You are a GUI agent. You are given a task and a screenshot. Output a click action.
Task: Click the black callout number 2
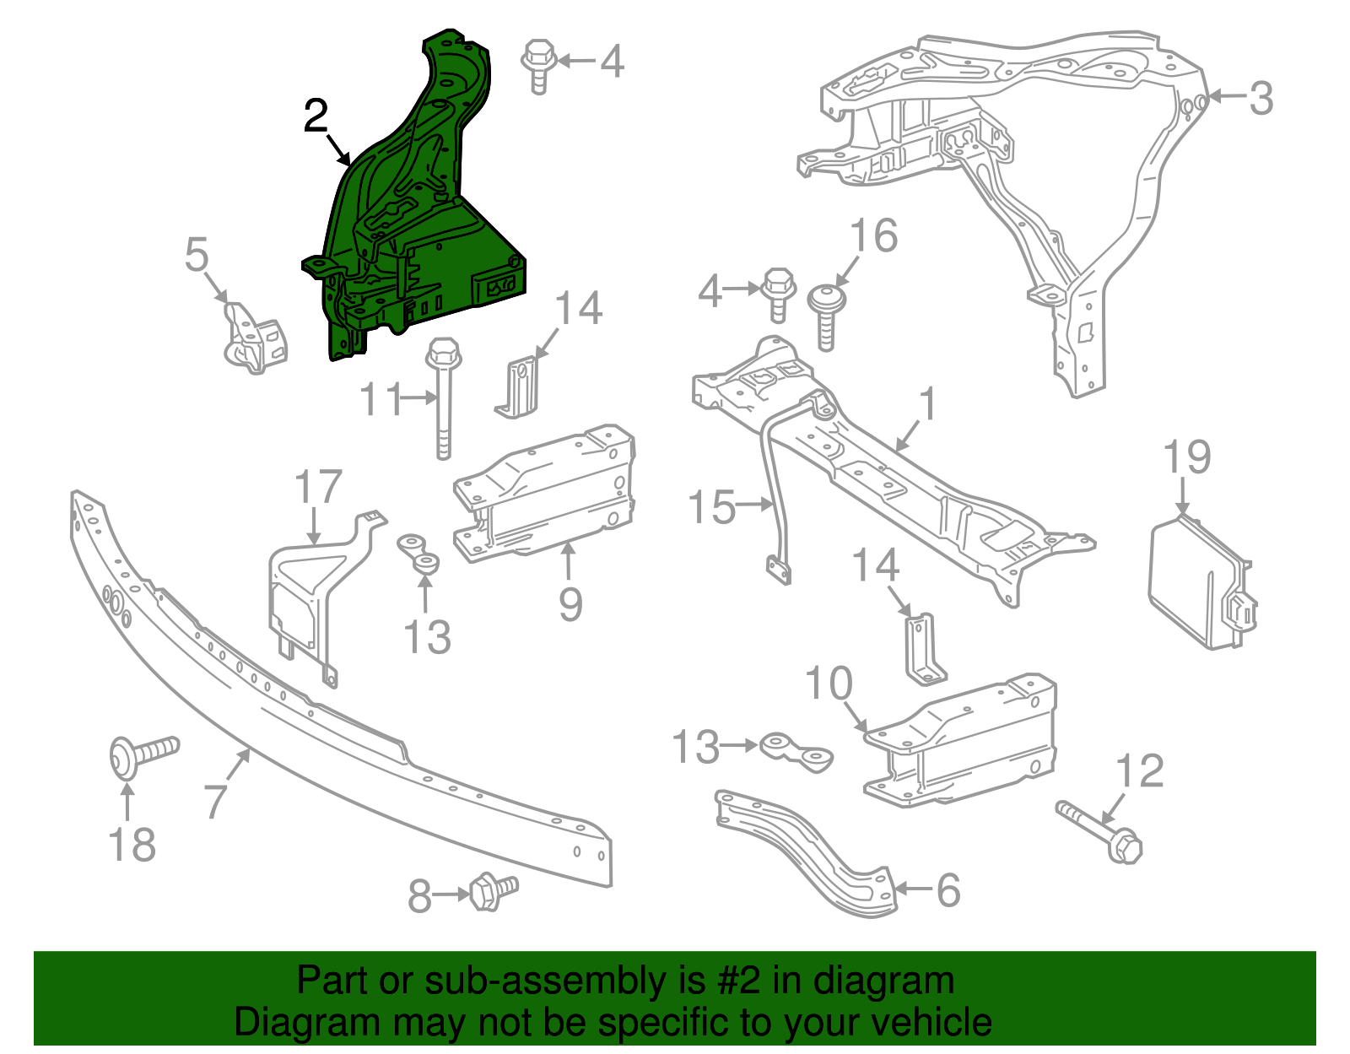(x=316, y=116)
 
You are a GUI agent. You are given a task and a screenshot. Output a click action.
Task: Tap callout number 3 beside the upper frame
(x=1260, y=98)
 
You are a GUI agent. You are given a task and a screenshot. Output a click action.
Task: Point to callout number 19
(x=1186, y=457)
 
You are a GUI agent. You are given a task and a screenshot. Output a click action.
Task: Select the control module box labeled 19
(x=1198, y=586)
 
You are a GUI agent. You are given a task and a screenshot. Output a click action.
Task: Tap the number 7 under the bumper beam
(x=216, y=800)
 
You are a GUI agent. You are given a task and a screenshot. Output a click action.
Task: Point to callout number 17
(x=318, y=488)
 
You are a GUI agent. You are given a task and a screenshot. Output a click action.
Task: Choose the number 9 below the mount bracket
(x=570, y=604)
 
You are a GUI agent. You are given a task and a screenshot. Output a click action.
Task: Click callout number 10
(x=829, y=684)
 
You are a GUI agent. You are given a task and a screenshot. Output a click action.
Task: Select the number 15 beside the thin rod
(x=711, y=507)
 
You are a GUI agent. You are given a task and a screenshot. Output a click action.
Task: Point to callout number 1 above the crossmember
(x=926, y=404)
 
